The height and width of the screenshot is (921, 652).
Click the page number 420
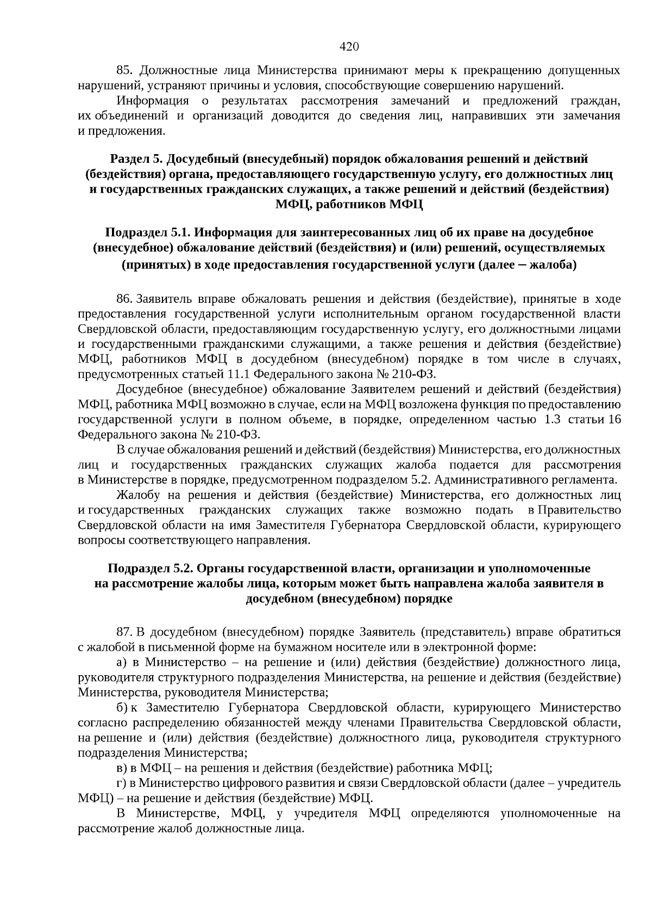point(349,47)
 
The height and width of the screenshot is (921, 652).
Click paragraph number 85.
point(125,71)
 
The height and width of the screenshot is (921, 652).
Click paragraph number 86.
point(124,299)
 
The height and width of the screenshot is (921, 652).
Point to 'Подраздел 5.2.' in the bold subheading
point(150,568)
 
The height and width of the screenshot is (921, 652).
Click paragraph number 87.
point(124,632)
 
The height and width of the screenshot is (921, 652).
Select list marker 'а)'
point(122,662)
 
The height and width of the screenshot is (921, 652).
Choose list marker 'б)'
point(122,708)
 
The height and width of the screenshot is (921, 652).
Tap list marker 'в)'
point(122,768)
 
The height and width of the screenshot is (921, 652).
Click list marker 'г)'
point(121,783)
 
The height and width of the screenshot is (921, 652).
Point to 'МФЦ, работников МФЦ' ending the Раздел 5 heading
point(348,205)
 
